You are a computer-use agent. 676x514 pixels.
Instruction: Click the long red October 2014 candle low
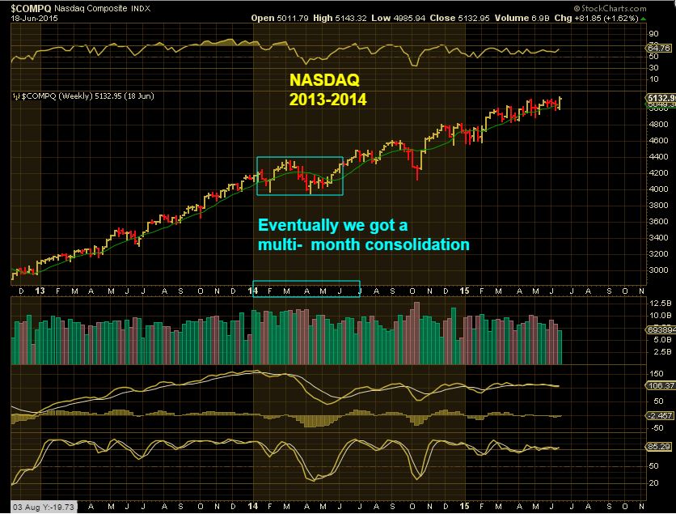pyautogui.click(x=417, y=177)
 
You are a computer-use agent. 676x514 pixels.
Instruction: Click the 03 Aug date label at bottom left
pyautogui.click(x=15, y=508)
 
